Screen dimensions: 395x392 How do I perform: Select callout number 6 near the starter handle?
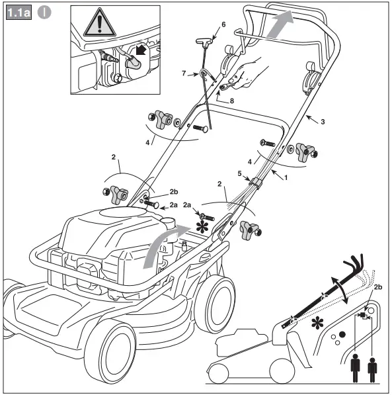(x=223, y=24)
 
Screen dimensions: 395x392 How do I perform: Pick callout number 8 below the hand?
(x=232, y=101)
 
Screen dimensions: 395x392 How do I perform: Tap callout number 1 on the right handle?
(x=286, y=179)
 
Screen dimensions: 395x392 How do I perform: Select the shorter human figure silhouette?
(x=372, y=371)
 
